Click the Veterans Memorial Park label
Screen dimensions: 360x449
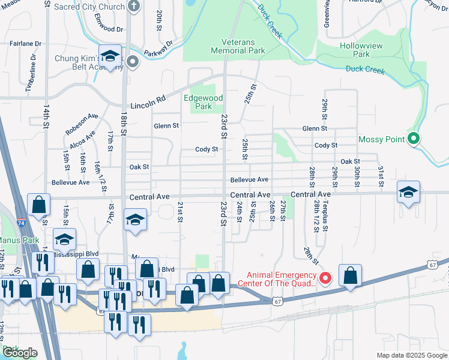tap(238, 47)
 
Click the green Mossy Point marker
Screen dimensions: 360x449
tap(413, 139)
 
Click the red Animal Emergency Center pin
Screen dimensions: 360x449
tap(325, 278)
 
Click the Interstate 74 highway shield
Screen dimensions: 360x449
tap(21, 223)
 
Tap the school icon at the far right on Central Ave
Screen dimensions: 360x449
tap(408, 193)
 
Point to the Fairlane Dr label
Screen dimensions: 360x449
tap(25, 44)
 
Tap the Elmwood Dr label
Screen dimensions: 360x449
tap(108, 28)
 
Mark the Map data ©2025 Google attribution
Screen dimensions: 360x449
tap(411, 355)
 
